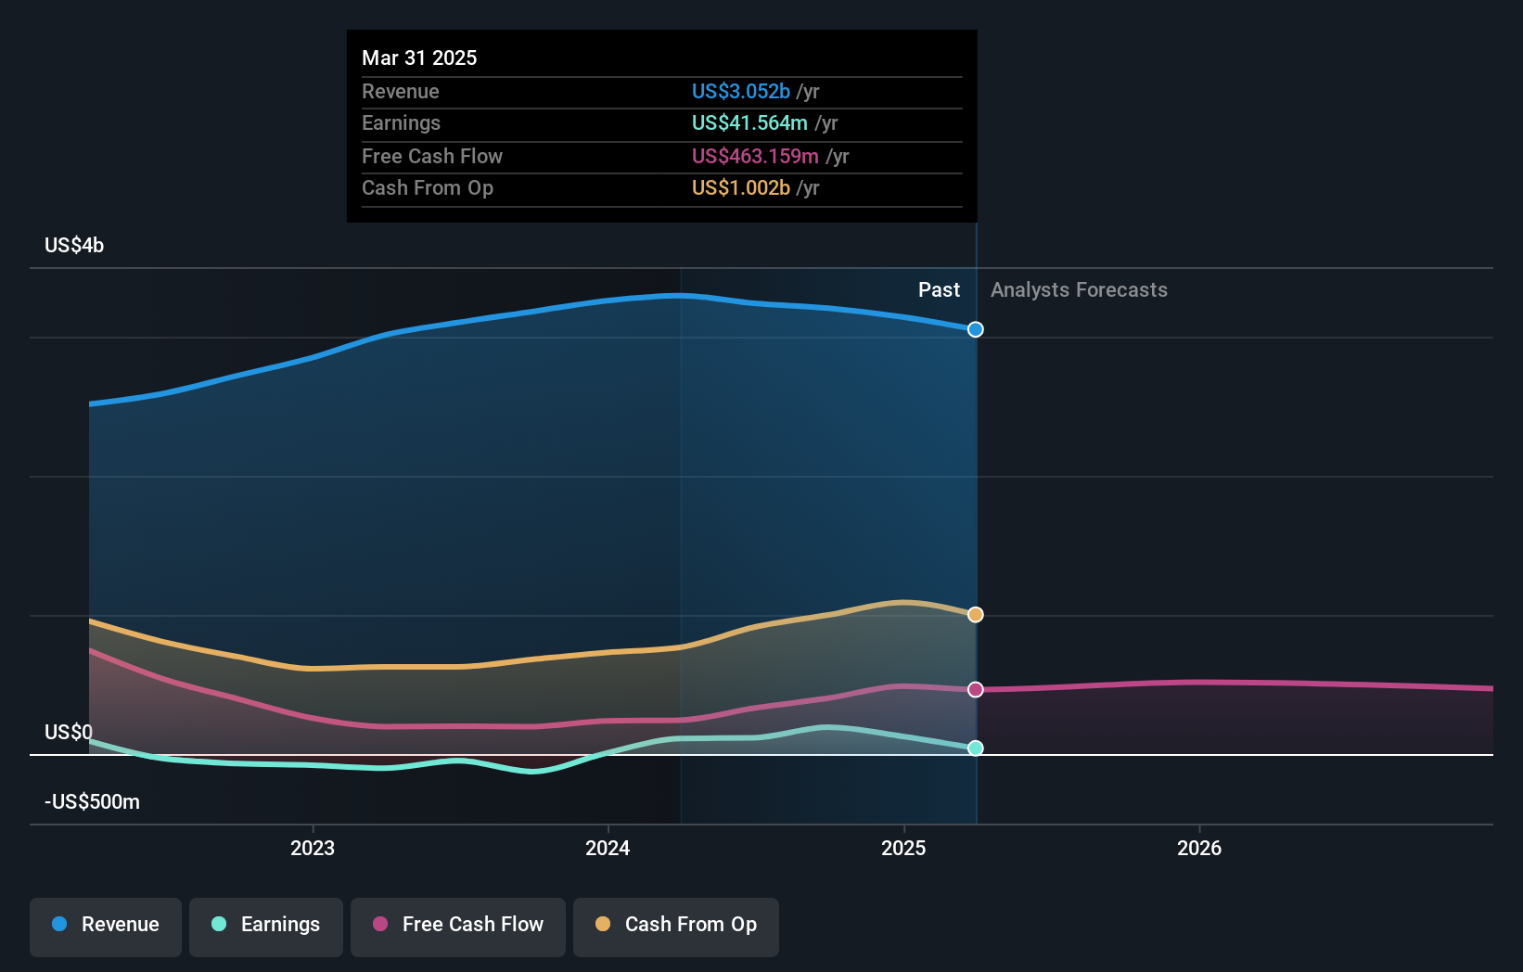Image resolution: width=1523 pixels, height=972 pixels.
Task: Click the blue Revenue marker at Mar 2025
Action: click(975, 329)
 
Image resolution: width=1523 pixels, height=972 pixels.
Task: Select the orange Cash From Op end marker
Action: click(975, 615)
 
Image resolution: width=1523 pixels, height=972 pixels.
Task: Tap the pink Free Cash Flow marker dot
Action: click(975, 689)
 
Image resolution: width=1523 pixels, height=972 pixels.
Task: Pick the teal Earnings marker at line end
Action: click(975, 748)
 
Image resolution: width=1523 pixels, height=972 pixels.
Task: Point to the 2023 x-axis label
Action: click(313, 848)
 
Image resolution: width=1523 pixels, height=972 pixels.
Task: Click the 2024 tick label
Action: click(608, 848)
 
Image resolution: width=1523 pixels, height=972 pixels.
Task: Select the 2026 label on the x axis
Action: click(1199, 848)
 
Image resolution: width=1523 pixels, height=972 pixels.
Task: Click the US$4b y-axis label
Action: click(74, 245)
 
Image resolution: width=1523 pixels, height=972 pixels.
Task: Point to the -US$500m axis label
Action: click(92, 801)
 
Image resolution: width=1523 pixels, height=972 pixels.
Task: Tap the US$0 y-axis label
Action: click(69, 732)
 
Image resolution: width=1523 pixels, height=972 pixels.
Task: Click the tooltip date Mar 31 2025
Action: click(419, 58)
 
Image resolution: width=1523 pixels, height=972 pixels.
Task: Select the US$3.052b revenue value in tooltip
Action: click(740, 91)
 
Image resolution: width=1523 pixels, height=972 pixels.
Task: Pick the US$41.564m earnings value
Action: click(749, 122)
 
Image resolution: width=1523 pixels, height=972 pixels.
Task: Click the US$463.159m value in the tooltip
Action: click(755, 156)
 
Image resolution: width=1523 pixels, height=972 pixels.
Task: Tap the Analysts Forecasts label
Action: click(1079, 289)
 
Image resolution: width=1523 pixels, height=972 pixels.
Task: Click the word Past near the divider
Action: click(939, 289)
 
